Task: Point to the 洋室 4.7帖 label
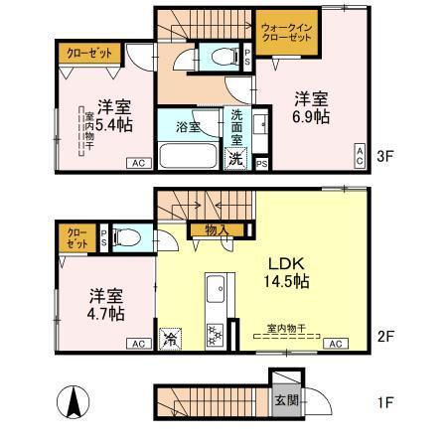point(105,304)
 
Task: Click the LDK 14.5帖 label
point(289,272)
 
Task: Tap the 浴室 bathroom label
point(189,127)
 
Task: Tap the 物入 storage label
point(217,231)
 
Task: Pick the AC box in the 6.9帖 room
point(360,153)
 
